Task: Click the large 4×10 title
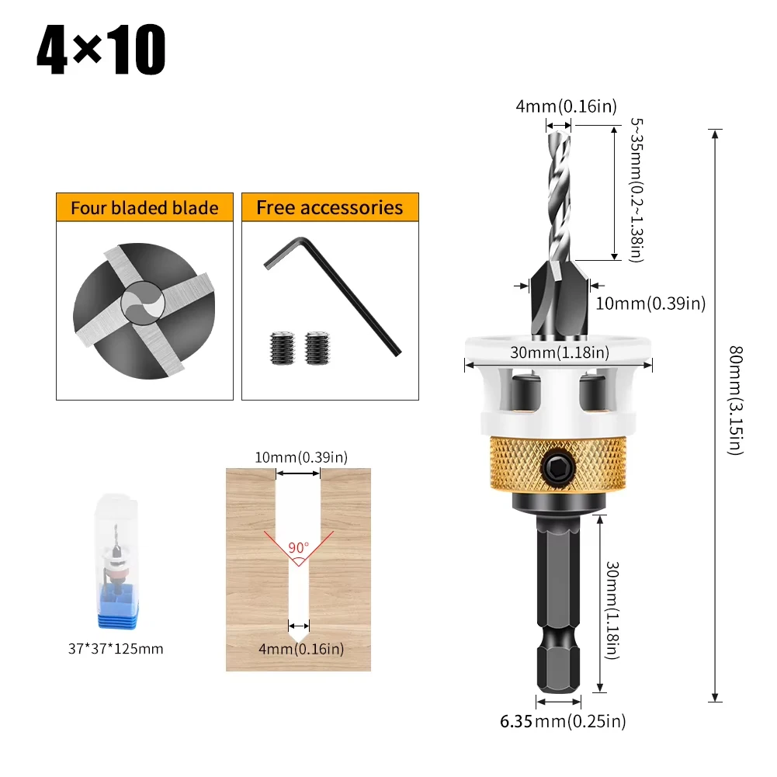(101, 50)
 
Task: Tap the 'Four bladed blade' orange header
(144, 207)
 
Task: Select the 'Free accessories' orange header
(330, 207)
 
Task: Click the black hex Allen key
(332, 295)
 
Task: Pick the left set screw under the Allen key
(283, 348)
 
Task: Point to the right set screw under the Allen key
(317, 348)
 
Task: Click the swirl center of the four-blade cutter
(143, 303)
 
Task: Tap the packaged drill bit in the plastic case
(117, 561)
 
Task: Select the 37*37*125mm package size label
(116, 649)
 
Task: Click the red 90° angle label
(298, 547)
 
